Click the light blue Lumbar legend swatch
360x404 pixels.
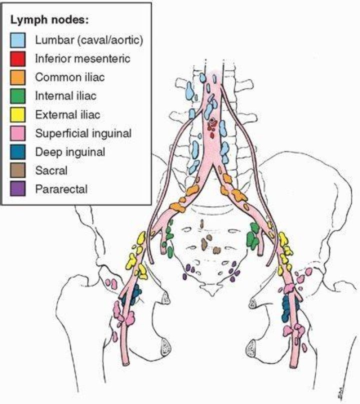point(18,40)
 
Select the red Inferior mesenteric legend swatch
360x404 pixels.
point(18,58)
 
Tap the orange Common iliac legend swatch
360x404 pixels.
point(18,77)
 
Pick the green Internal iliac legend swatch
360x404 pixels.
point(18,96)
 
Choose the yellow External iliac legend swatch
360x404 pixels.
point(18,114)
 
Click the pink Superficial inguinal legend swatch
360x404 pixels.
point(18,133)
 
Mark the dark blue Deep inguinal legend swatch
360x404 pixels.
point(18,152)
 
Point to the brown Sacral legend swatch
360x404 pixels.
point(18,170)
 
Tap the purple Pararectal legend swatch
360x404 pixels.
point(18,189)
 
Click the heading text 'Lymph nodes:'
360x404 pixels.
point(49,20)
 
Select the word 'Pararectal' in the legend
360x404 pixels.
point(61,189)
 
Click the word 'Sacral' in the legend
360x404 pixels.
point(51,170)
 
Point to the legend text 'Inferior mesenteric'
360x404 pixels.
point(82,58)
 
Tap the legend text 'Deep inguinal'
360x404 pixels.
point(70,152)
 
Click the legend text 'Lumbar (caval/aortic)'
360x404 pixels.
point(89,40)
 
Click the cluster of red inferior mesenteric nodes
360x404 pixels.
point(213,127)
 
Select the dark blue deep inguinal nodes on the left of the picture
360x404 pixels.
point(131,294)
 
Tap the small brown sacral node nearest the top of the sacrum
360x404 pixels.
point(202,224)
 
